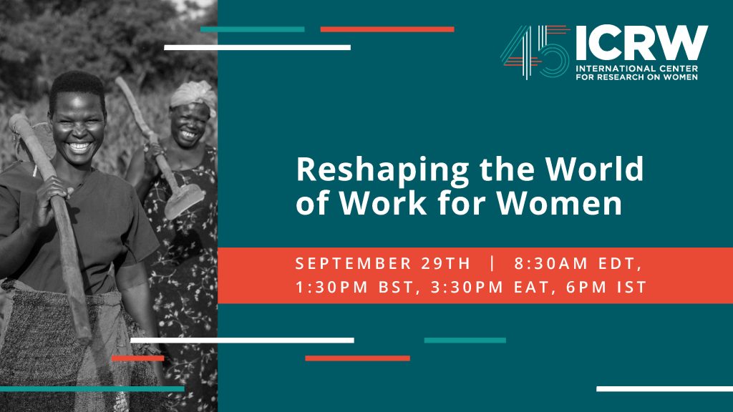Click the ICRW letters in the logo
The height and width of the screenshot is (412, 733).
(x=642, y=42)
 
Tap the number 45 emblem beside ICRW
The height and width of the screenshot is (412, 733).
(x=535, y=51)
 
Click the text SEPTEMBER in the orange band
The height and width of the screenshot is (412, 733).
(x=353, y=263)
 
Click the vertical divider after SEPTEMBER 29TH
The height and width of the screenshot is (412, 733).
(x=492, y=263)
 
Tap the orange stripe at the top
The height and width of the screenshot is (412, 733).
(x=387, y=29)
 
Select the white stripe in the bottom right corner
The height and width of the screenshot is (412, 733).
(x=665, y=388)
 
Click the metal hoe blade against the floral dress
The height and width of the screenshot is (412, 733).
(x=185, y=200)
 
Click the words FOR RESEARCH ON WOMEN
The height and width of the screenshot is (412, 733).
(x=636, y=77)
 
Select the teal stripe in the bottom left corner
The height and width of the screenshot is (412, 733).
(x=92, y=388)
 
